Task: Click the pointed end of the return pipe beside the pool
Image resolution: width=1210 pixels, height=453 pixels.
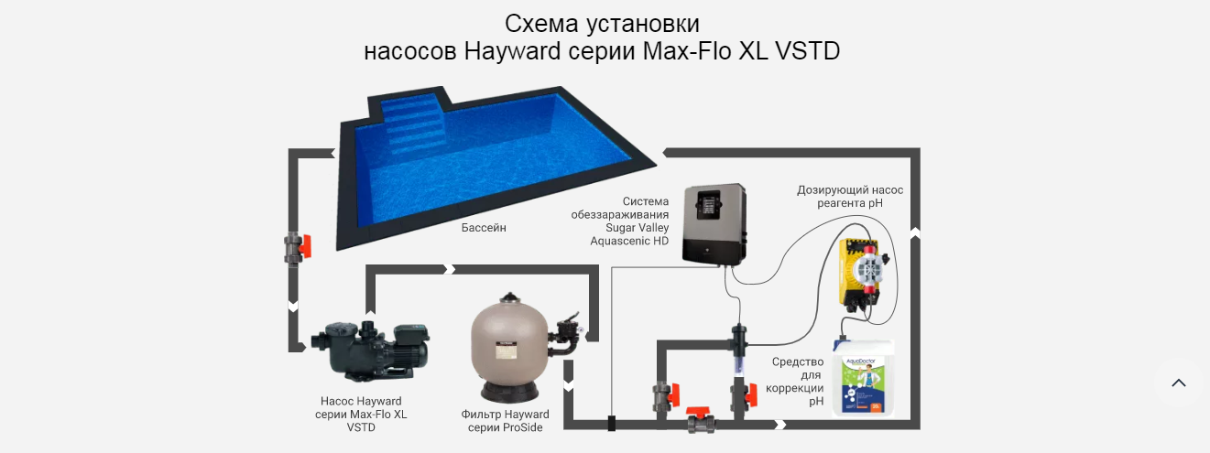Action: pos(663,153)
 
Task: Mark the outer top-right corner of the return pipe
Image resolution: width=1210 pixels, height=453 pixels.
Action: pos(920,148)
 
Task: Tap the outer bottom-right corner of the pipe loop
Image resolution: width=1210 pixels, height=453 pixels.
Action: pos(920,429)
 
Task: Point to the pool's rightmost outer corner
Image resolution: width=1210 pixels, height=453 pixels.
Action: pos(657,165)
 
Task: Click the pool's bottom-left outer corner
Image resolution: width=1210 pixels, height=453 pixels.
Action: pos(336,251)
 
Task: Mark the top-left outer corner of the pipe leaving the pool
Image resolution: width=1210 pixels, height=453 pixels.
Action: pos(289,148)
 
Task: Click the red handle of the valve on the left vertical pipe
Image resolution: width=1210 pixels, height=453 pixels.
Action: pos(306,246)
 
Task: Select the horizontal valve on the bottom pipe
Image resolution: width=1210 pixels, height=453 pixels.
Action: pos(701,419)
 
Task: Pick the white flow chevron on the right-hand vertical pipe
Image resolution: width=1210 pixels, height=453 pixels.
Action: pos(915,232)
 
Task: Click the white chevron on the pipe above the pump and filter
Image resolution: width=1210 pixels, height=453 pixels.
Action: pos(450,269)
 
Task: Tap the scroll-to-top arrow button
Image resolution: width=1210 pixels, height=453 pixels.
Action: pos(1179,383)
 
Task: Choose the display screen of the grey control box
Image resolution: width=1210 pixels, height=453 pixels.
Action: pos(708,208)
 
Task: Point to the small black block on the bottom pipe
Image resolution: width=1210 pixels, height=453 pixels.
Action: pos(612,424)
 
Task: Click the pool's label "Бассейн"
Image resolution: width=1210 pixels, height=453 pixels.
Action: pos(484,228)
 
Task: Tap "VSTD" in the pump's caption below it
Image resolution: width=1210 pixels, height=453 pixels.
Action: pos(361,427)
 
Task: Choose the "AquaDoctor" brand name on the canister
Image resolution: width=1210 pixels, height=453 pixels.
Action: pos(860,361)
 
